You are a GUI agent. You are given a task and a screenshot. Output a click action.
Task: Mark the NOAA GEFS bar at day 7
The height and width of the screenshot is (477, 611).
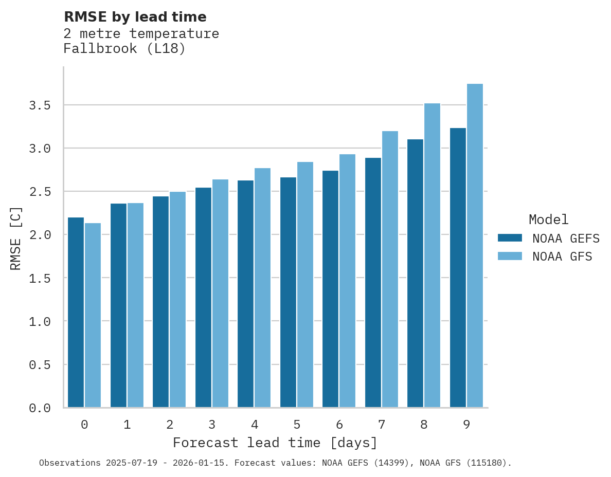pyautogui.click(x=373, y=282)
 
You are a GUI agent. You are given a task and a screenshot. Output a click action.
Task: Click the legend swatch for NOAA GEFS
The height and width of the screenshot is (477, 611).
pyautogui.click(x=510, y=238)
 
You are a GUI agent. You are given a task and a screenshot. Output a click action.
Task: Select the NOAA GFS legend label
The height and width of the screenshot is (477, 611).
pyautogui.click(x=562, y=256)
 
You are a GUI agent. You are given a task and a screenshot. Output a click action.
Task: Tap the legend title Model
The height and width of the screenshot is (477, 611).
pyautogui.click(x=548, y=219)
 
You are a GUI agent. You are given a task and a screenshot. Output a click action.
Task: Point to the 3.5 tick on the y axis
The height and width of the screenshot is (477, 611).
pyautogui.click(x=40, y=105)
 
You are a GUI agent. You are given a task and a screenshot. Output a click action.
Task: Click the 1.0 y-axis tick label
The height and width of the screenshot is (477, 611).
pyautogui.click(x=40, y=321)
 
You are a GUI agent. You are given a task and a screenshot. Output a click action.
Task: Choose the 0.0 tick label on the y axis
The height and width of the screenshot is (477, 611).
pyautogui.click(x=40, y=408)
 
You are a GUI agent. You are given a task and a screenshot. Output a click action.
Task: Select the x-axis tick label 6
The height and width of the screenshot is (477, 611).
pyautogui.click(x=339, y=425)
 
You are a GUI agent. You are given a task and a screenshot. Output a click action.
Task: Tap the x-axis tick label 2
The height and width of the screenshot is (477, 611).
pyautogui.click(x=170, y=425)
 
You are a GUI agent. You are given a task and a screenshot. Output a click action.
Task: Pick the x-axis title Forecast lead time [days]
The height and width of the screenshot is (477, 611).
pyautogui.click(x=275, y=443)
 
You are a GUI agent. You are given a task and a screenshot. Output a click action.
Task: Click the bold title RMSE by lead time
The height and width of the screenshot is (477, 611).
pyautogui.click(x=135, y=17)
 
